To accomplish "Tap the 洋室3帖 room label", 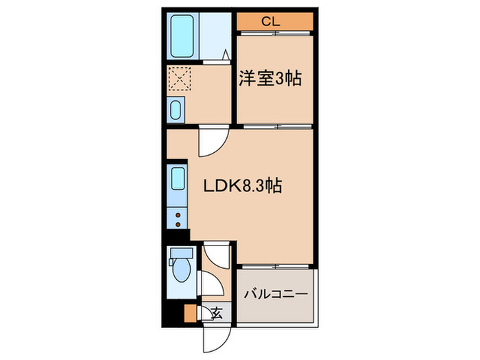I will [271, 79].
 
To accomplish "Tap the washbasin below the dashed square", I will [177, 110].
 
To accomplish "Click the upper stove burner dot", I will [178, 215].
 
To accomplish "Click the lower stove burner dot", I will [178, 224].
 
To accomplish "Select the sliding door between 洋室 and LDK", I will [274, 126].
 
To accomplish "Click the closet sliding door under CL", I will [274, 32].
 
